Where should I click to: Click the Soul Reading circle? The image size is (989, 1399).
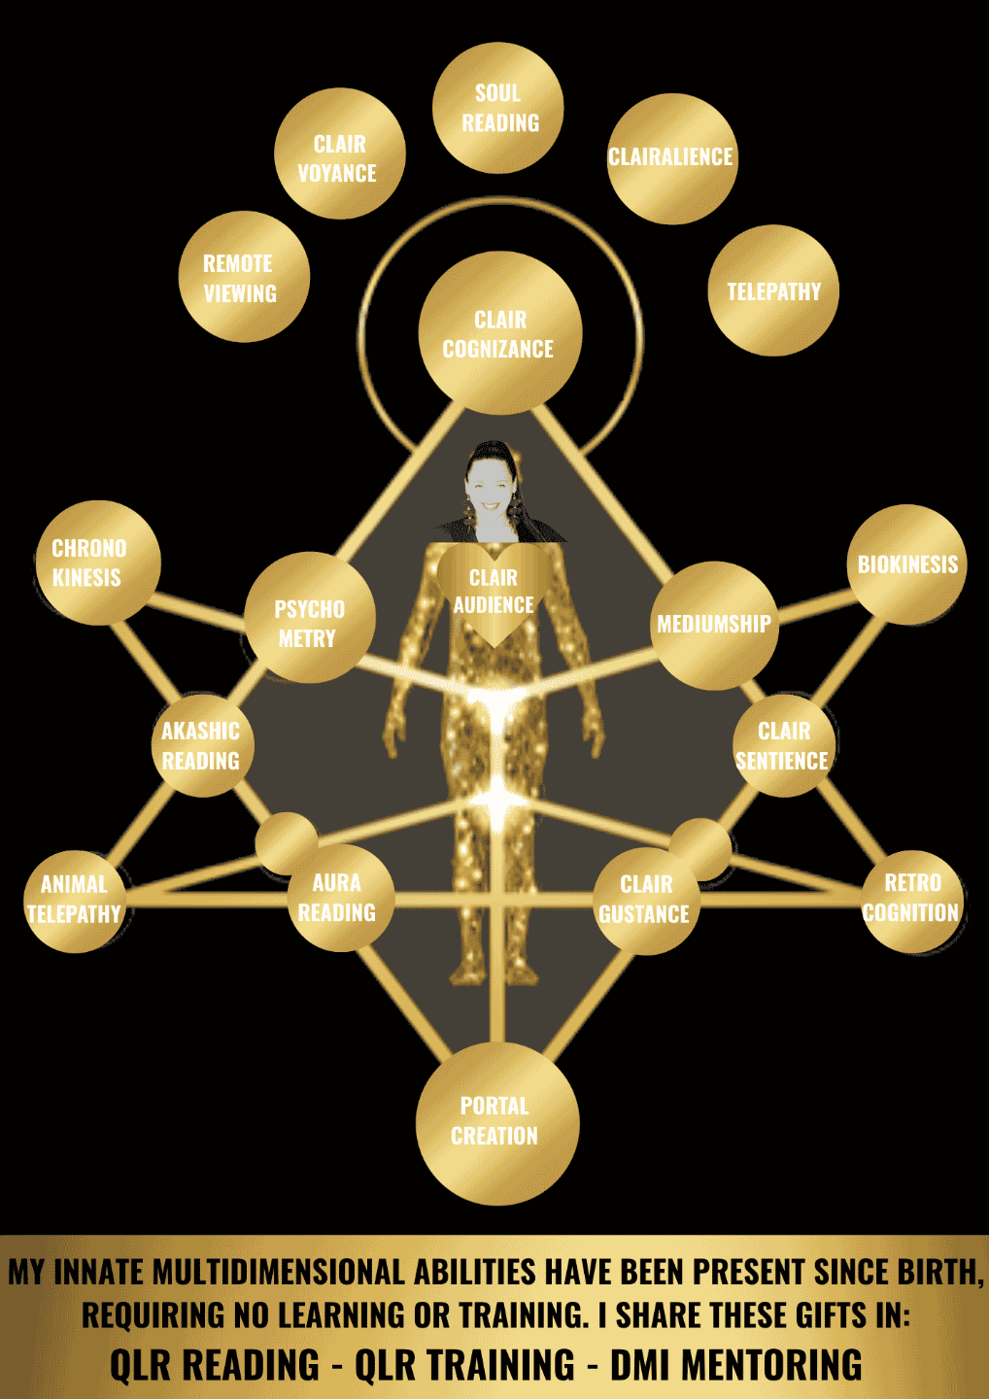(x=498, y=108)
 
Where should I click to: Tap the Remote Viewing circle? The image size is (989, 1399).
(x=244, y=277)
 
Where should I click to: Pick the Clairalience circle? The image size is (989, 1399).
(x=671, y=158)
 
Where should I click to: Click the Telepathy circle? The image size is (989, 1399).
(x=773, y=291)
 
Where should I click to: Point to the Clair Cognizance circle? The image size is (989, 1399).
(x=499, y=333)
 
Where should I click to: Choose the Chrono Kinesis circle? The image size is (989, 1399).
(x=97, y=563)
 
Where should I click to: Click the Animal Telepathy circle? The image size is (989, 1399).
(x=75, y=901)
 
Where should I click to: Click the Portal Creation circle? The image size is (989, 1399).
(x=497, y=1122)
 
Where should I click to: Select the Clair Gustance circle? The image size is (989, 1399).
(x=646, y=901)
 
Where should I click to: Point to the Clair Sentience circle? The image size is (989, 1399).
(x=784, y=745)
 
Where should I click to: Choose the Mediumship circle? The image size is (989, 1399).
(x=714, y=625)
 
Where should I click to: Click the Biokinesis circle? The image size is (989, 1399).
(x=907, y=563)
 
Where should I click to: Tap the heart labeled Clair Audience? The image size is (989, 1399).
(x=494, y=593)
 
